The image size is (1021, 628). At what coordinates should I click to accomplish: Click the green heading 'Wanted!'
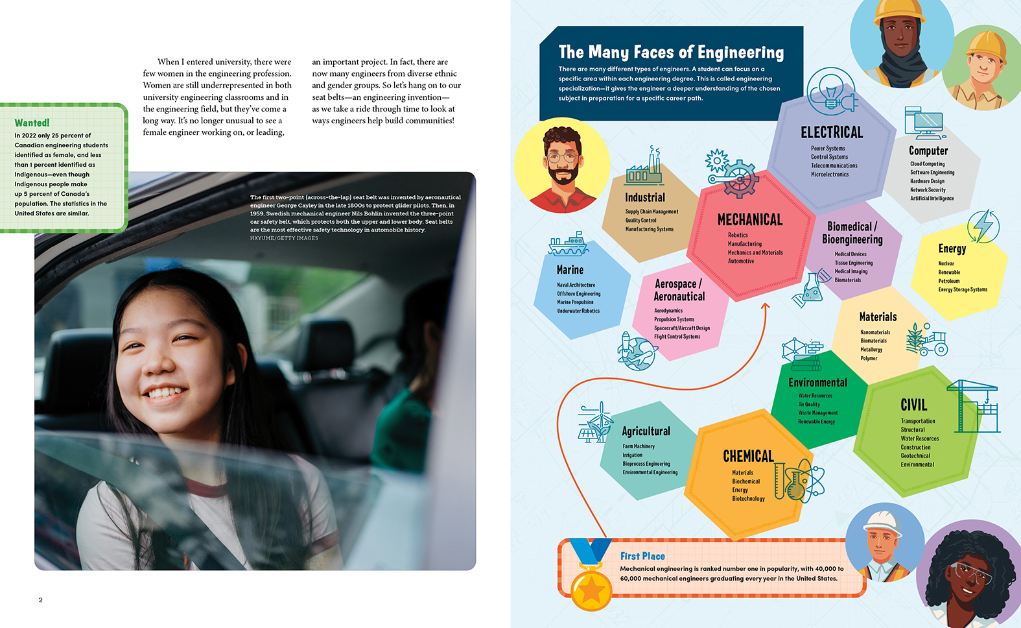[x=32, y=123]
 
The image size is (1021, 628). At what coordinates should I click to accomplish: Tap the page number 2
[x=40, y=600]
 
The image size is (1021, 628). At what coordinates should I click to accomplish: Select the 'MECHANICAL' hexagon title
[x=749, y=220]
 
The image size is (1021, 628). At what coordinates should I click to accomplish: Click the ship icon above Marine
[x=568, y=245]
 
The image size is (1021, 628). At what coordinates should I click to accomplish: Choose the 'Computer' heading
[x=928, y=151]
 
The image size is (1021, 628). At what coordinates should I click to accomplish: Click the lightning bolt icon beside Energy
[x=983, y=226]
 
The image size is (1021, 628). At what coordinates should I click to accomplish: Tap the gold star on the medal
[x=591, y=589]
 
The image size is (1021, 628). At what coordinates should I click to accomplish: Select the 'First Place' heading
[x=642, y=556]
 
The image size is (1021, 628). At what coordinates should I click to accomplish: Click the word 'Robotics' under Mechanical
[x=738, y=235]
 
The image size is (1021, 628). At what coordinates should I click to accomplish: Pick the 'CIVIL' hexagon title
[x=913, y=405]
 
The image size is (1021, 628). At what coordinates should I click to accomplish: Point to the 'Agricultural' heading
[x=646, y=431]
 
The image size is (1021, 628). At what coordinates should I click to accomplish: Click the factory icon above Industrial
[x=644, y=167]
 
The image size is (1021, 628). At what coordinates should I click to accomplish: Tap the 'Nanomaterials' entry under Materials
[x=875, y=332]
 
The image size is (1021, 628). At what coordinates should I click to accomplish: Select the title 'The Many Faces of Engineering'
[x=671, y=52]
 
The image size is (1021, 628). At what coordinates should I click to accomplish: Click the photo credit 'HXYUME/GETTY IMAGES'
[x=284, y=238]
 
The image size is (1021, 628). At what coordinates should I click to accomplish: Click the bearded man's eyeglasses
[x=561, y=157]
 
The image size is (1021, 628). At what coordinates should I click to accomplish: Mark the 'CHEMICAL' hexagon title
[x=748, y=456]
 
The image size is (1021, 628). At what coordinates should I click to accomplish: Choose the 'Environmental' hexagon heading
[x=817, y=383]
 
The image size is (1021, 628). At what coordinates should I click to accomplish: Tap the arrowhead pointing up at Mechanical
[x=765, y=306]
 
